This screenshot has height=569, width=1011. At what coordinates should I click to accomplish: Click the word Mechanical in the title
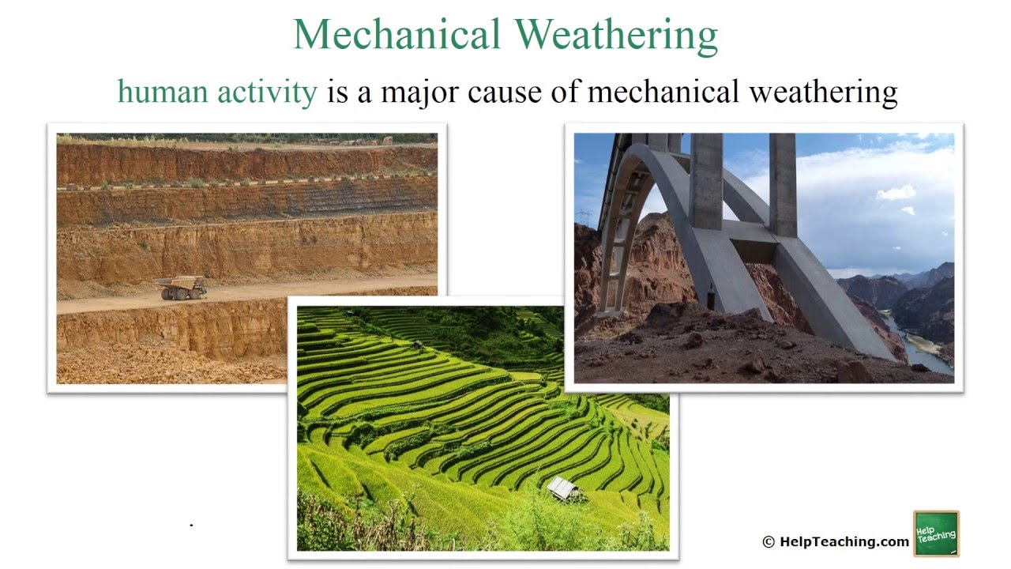(x=397, y=35)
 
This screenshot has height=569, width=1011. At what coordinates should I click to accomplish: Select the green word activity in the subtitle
(x=267, y=92)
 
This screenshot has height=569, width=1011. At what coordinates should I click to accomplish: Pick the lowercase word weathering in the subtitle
(x=823, y=92)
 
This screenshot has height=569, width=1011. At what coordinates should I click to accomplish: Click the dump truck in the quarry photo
(x=181, y=288)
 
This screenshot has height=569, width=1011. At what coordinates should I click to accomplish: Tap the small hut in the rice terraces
(x=563, y=488)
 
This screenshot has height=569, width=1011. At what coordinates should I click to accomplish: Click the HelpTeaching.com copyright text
(x=844, y=541)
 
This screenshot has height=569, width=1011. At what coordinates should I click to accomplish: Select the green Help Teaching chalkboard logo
(x=936, y=534)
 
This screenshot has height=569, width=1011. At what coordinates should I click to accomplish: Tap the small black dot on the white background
(x=191, y=524)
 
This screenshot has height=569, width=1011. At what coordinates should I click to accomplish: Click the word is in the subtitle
(x=338, y=92)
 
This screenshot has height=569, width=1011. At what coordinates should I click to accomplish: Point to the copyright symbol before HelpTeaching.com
(x=769, y=541)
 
